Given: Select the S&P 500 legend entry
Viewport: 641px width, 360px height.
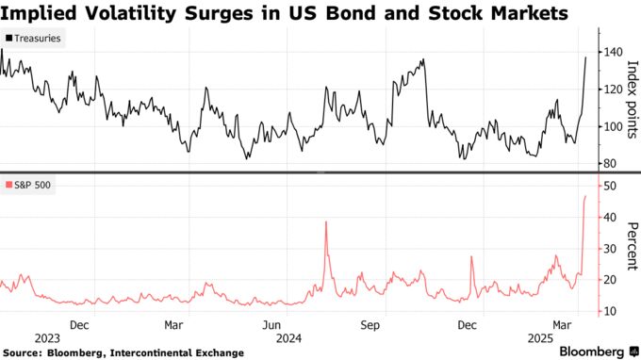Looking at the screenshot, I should (x=27, y=183).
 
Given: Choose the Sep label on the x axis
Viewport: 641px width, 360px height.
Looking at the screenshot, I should (x=370, y=325).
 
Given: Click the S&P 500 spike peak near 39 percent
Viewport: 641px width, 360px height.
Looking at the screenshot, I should (x=325, y=221).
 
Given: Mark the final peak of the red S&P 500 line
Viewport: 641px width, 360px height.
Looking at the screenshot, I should (x=586, y=196).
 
